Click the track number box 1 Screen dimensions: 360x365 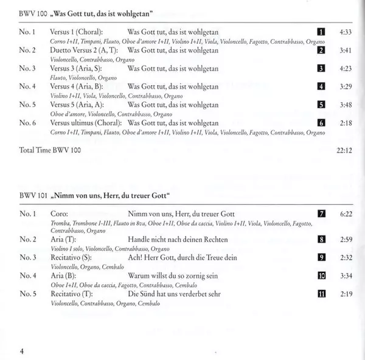click(321, 31)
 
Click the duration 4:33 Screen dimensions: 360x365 click(345, 31)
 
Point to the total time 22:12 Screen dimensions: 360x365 click(344, 149)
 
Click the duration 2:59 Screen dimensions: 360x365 click(345, 240)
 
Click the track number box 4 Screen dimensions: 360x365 click(321, 86)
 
